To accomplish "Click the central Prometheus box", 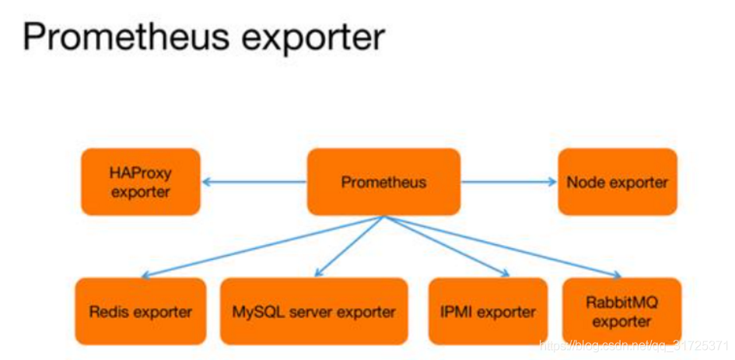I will point(383,182).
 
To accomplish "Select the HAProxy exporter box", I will point(141,182).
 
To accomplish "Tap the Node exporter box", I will point(618,182).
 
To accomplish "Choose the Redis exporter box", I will point(141,312).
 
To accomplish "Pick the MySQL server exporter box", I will point(313,312).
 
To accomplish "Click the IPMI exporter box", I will point(484,312).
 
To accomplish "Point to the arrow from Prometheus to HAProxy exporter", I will point(253,182).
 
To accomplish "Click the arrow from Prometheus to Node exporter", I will point(509,182).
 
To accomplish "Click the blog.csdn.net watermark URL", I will point(634,344).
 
